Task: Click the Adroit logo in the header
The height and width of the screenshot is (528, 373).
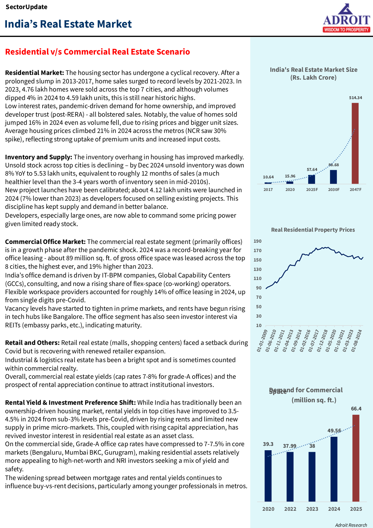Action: [346, 18]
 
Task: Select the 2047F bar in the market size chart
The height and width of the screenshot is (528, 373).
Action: [355, 143]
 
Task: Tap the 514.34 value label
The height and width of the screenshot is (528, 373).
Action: [355, 98]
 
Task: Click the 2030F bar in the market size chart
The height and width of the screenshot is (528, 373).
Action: [334, 177]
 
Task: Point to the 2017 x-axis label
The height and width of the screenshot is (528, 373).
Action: [268, 190]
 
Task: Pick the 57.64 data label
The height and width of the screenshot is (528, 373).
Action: [312, 170]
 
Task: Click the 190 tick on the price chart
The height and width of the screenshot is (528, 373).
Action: [258, 241]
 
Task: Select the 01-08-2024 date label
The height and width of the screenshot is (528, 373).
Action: [357, 341]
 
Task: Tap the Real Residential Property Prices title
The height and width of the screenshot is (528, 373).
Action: [313, 230]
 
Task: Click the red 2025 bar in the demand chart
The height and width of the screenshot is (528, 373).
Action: [356, 458]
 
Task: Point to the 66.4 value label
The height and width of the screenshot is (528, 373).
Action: [356, 409]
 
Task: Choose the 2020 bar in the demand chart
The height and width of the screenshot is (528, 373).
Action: [268, 476]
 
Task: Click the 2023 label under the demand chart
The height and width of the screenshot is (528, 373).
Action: [312, 509]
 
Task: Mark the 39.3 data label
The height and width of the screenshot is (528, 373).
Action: [268, 444]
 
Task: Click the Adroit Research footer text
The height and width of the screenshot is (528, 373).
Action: [351, 525]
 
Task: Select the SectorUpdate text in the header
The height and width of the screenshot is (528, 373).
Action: [27, 7]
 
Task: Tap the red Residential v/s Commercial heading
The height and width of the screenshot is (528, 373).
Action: [97, 52]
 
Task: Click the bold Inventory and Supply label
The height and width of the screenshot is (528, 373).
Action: [39, 157]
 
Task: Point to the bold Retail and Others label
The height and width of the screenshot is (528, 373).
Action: [32, 343]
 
